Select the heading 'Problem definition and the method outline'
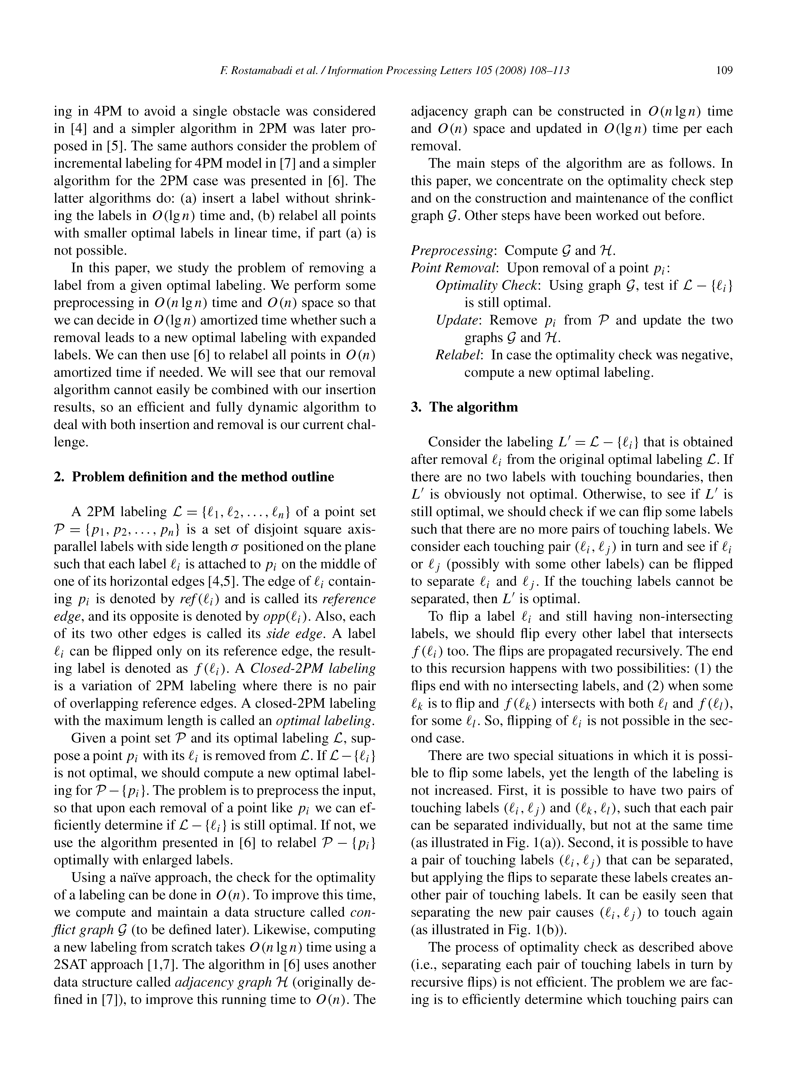203,477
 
